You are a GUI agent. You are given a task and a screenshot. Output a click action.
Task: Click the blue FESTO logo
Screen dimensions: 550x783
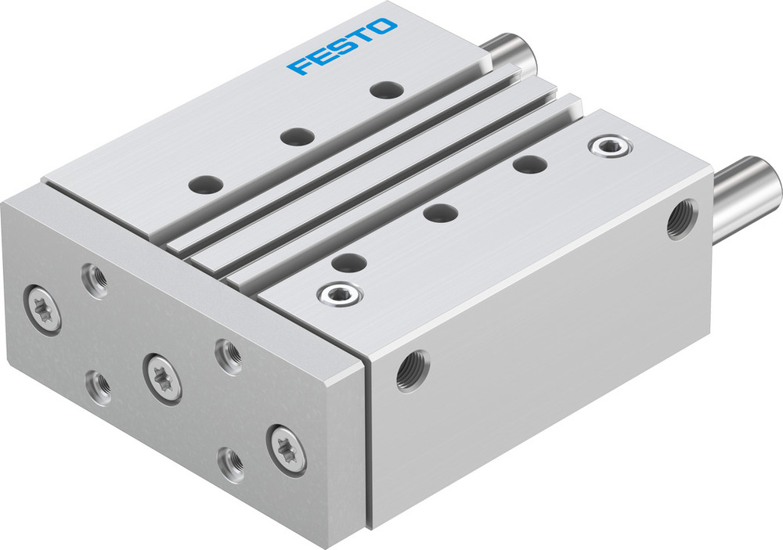341,46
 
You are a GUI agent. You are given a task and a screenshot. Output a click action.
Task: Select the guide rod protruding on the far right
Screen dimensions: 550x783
749,195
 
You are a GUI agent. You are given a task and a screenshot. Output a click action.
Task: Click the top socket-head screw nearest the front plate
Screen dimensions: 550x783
338,294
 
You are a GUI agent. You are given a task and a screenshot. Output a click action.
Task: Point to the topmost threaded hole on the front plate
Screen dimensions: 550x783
96,279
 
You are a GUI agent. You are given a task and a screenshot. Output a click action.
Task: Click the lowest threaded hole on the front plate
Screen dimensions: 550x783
231,464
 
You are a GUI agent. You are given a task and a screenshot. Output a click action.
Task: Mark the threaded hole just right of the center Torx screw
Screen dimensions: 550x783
228,356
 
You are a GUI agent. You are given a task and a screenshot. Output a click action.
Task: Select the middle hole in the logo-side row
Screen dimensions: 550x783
297,137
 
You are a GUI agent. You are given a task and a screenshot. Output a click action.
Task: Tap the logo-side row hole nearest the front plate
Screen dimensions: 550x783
206,185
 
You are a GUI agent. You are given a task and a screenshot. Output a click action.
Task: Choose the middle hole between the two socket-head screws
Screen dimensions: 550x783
440,212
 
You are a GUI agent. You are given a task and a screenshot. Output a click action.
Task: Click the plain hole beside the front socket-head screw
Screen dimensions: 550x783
349,263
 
